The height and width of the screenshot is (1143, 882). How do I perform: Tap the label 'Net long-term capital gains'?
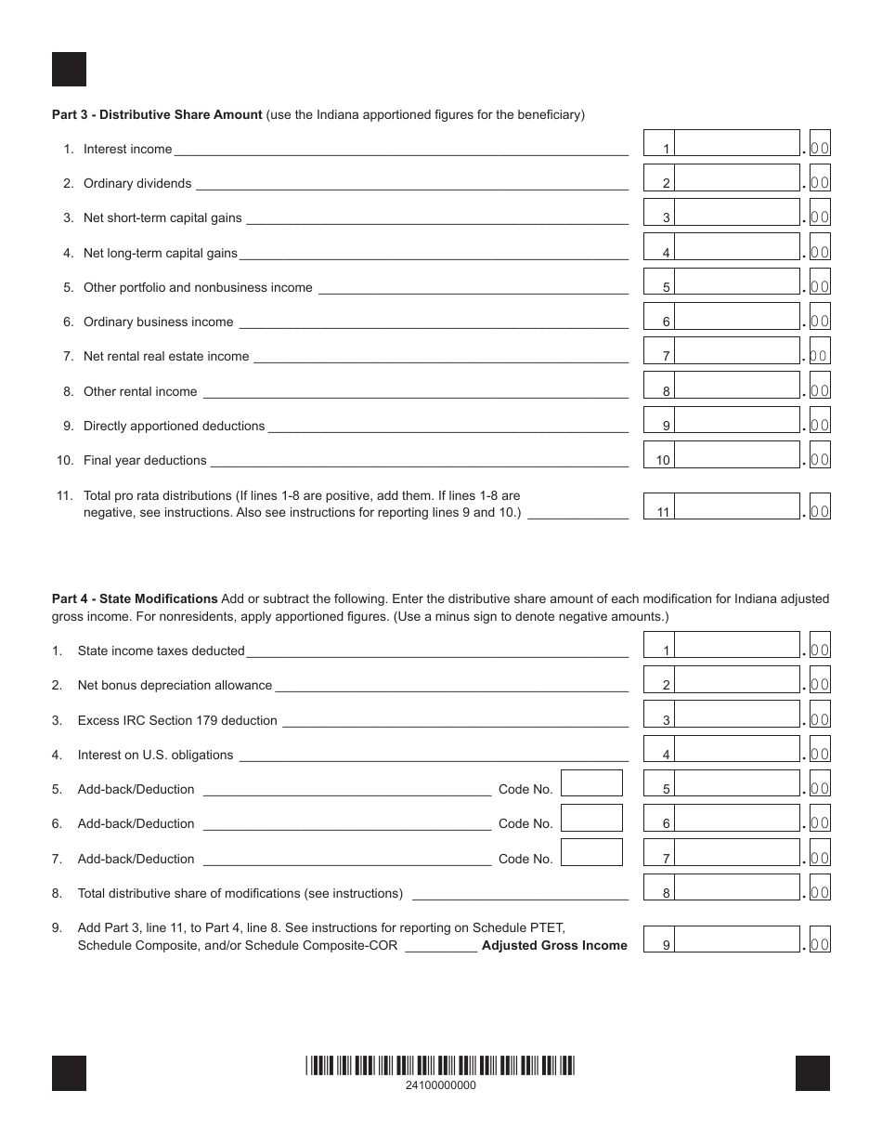click(x=161, y=253)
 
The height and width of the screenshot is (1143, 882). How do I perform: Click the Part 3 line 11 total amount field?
click(x=737, y=506)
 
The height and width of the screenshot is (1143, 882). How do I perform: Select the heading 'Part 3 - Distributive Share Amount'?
click(x=157, y=115)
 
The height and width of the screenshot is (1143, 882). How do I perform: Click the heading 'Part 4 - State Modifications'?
click(x=135, y=599)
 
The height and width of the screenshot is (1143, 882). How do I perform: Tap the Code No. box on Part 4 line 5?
click(x=591, y=783)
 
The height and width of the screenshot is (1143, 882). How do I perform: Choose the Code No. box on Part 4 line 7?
click(x=591, y=853)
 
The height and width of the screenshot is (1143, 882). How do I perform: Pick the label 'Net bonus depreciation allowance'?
click(x=175, y=686)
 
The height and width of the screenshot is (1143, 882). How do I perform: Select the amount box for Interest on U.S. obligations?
click(x=737, y=750)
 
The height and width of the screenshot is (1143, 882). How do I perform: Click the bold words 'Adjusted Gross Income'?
click(x=554, y=946)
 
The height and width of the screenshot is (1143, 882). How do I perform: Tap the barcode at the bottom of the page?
click(x=440, y=1066)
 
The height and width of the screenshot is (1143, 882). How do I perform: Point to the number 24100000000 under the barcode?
click(x=441, y=1085)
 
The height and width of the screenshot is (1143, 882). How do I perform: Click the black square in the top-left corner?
click(x=69, y=70)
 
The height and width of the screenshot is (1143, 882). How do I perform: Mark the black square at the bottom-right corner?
click(x=812, y=1073)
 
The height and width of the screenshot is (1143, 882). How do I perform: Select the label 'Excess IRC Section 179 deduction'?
click(x=177, y=721)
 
